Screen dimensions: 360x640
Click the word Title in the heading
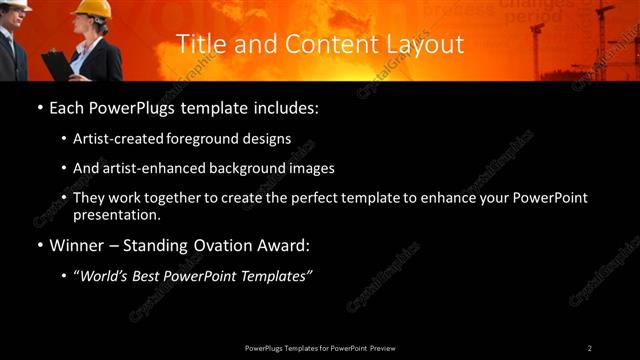(x=198, y=44)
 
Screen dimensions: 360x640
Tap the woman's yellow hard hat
(x=91, y=9)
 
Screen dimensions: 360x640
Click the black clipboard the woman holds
(x=57, y=63)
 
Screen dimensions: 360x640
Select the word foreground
(x=210, y=140)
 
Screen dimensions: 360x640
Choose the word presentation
(x=115, y=214)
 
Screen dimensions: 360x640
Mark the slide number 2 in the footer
(x=589, y=348)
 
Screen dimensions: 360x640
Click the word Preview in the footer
(x=382, y=348)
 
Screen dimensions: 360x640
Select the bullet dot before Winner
(x=39, y=245)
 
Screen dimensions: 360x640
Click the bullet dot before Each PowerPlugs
(x=39, y=107)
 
